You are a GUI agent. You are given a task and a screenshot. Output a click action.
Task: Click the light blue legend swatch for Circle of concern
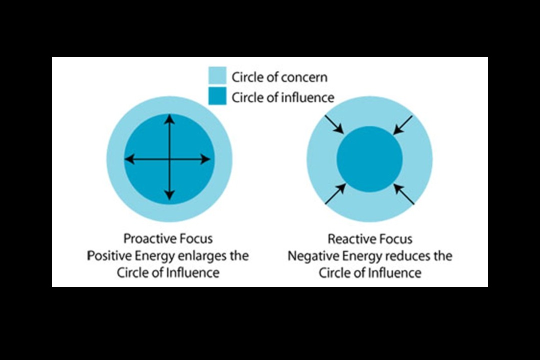[x=217, y=76]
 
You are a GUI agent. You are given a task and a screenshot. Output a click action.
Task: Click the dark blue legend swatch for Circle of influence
[x=217, y=96]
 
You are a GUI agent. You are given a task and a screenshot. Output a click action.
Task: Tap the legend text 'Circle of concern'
[x=279, y=77]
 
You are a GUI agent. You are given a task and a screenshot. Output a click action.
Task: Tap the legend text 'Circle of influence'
[x=282, y=97]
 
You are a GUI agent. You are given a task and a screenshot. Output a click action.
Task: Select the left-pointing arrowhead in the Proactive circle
[x=128, y=159]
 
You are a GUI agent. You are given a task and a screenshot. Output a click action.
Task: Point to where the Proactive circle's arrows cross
[x=170, y=159]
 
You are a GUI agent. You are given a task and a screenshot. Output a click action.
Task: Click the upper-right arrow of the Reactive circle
[x=403, y=125]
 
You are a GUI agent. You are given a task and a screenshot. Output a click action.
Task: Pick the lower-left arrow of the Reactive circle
[x=334, y=194]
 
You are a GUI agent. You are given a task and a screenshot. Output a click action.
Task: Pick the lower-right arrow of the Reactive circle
[x=404, y=194]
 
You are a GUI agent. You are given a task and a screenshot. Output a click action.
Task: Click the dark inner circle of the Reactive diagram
[x=369, y=159]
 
